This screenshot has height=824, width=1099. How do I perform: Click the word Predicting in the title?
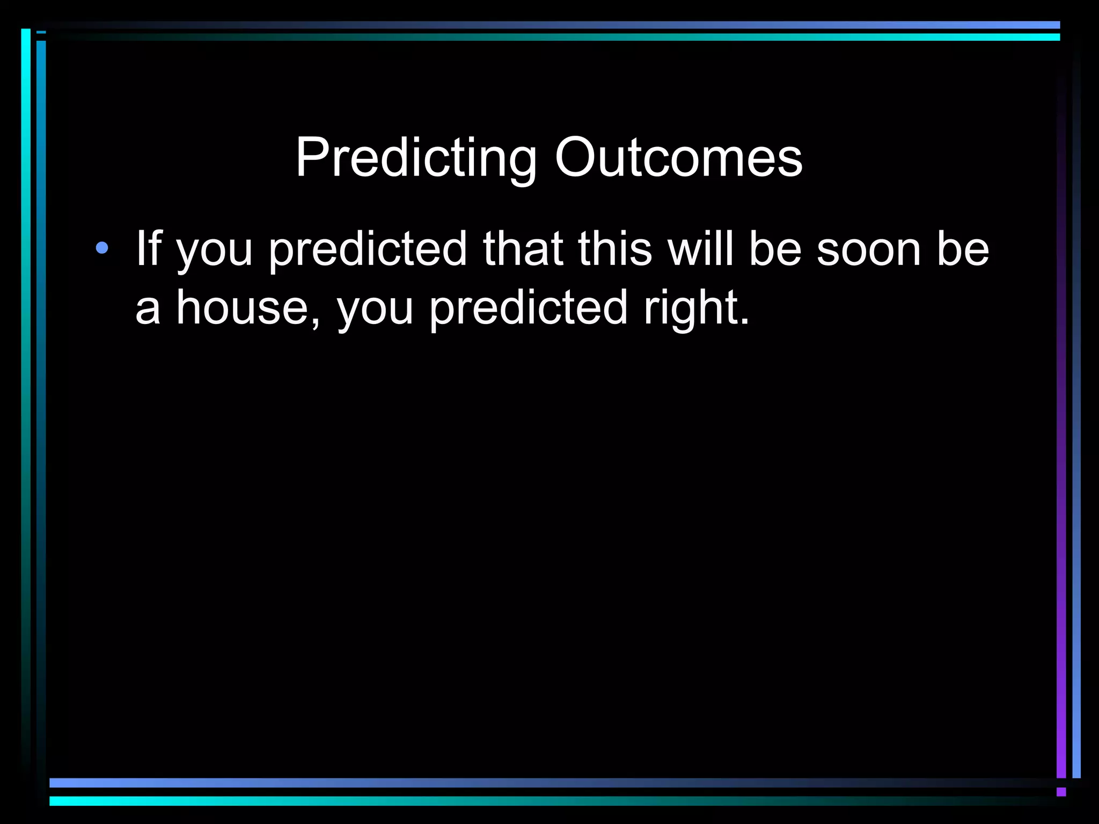pyautogui.click(x=416, y=158)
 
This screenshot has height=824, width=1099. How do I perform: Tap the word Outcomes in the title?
pyautogui.click(x=678, y=158)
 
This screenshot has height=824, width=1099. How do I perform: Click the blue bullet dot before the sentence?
pyautogui.click(x=101, y=248)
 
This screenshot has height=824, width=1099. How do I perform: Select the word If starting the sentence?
pyautogui.click(x=148, y=248)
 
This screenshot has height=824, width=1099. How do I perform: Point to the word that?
pyautogui.click(x=523, y=248)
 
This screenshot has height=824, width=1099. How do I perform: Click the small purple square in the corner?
pyautogui.click(x=1061, y=792)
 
